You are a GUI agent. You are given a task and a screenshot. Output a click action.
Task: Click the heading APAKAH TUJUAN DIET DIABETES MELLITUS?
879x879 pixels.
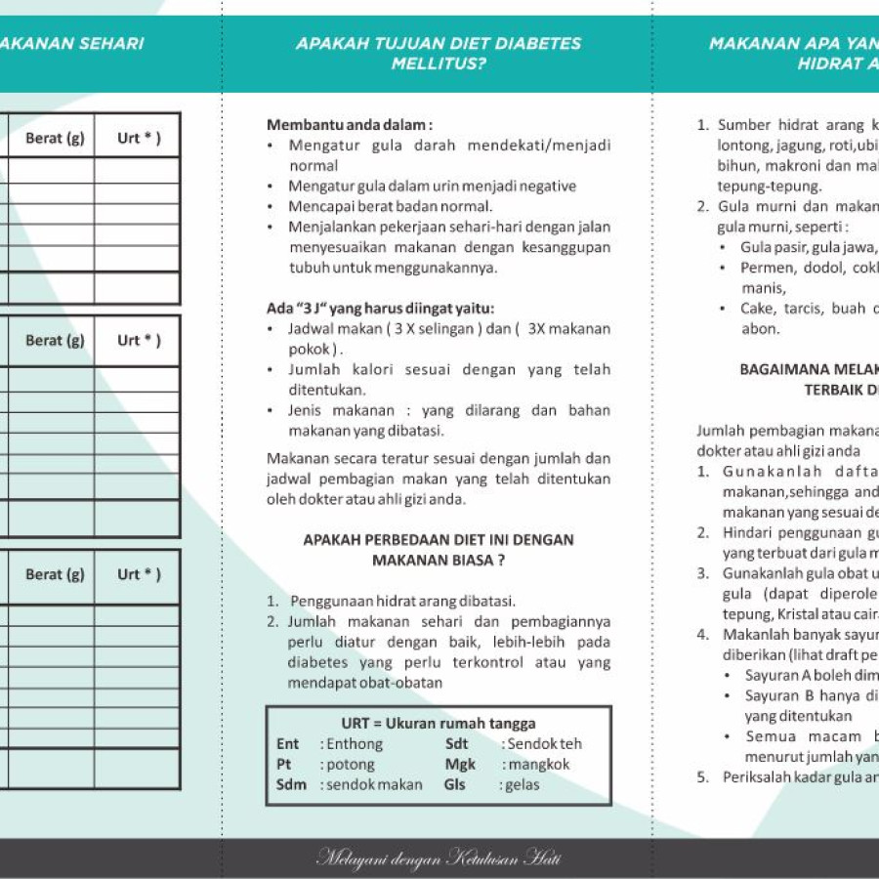439,54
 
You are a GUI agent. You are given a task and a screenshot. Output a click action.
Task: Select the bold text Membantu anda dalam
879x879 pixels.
349,125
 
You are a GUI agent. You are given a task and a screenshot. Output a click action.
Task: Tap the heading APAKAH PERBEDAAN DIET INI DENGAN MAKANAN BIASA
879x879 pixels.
439,550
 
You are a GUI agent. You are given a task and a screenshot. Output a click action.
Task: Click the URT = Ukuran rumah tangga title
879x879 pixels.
439,724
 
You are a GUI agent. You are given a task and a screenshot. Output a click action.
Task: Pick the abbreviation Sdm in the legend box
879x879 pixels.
291,785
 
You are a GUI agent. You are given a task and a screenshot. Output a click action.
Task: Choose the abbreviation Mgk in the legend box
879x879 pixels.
460,765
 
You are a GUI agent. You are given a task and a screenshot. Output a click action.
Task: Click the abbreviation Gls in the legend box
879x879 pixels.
455,785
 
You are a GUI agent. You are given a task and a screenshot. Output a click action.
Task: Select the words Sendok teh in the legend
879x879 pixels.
544,744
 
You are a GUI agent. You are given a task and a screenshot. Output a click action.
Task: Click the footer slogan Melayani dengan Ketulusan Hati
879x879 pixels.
439,859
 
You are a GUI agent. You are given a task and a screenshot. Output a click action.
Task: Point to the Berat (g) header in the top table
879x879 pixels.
55,139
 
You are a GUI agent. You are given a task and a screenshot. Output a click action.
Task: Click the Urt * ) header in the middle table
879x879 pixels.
139,341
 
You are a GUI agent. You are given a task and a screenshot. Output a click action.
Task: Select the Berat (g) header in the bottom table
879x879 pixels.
55,574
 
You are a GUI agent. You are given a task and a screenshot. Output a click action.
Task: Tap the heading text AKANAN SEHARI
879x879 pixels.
71,43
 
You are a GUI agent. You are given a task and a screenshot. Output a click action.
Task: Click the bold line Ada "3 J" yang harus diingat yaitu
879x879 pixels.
381,308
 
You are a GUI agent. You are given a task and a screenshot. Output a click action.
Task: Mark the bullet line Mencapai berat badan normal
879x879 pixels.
391,206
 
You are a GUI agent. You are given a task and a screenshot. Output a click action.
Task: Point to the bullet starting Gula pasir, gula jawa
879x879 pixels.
808,247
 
